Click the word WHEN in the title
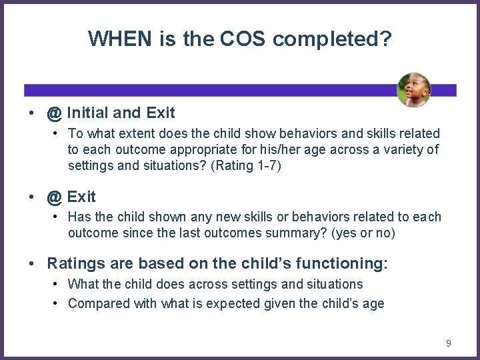click(x=120, y=39)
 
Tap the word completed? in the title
click(x=332, y=39)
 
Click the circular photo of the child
click(x=413, y=90)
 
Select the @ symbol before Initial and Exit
click(x=55, y=114)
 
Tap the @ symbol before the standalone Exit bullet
click(x=55, y=197)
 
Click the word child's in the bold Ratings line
click(x=263, y=265)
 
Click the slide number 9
click(x=449, y=343)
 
